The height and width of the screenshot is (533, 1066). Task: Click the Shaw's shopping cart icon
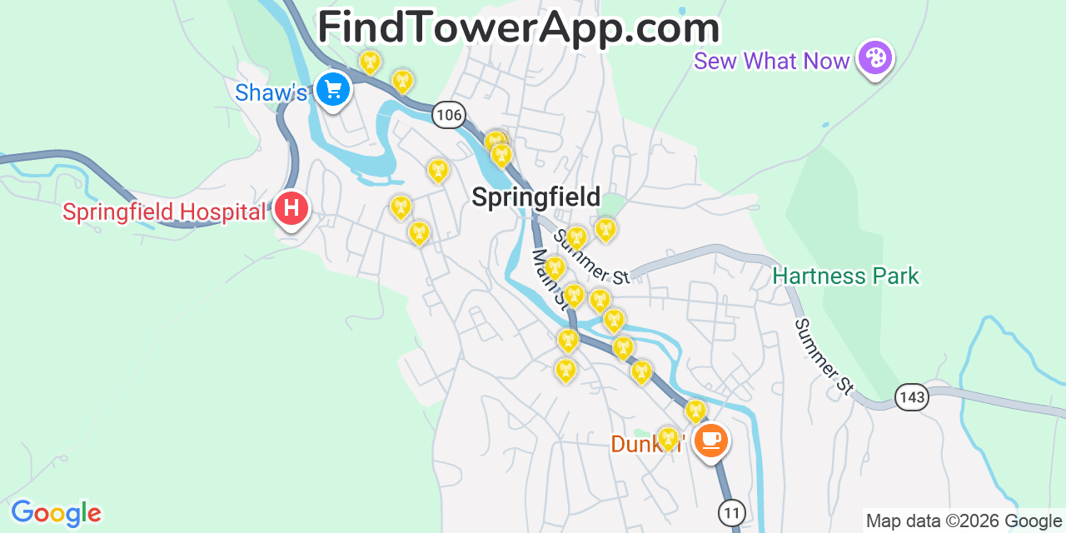[x=333, y=88]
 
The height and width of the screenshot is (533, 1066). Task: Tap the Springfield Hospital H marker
[x=291, y=208]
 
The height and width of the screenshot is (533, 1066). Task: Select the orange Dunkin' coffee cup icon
[x=710, y=441]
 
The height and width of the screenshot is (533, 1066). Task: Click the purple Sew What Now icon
[x=875, y=57]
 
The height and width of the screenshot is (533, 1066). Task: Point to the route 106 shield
[x=448, y=115]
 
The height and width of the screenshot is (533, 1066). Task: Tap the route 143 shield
[x=912, y=396]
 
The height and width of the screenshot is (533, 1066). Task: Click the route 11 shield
[x=731, y=511]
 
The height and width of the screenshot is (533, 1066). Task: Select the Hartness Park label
[x=845, y=276]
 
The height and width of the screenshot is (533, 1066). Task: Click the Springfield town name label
[x=535, y=197]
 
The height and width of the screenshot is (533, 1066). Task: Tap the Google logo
[x=56, y=513]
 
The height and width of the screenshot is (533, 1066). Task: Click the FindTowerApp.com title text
[x=518, y=27]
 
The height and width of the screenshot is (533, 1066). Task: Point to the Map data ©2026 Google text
[x=964, y=521]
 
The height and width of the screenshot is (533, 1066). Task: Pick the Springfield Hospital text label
[x=164, y=212]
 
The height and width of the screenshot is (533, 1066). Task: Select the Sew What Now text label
[x=771, y=61]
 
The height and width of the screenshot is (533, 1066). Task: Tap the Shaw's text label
[x=271, y=92]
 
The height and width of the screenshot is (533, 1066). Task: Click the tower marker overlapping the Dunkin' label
[x=667, y=438]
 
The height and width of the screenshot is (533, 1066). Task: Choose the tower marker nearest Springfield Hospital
[x=401, y=207]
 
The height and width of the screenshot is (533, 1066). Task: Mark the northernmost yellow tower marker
[x=370, y=62]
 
